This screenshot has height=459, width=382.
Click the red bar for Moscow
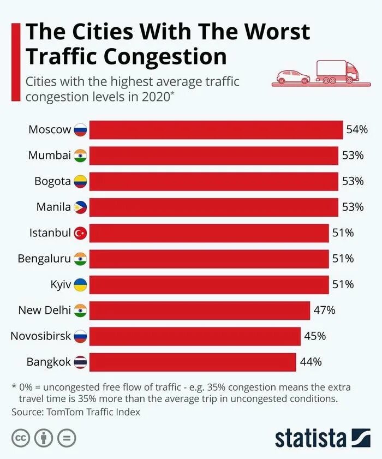pos(216,130)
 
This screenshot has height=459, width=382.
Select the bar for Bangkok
pos(193,362)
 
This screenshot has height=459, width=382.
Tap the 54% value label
pos(357,130)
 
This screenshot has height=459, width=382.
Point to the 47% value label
pos(324,311)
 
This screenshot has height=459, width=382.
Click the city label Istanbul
pos(50,233)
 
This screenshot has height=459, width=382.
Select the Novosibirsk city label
pos(41,336)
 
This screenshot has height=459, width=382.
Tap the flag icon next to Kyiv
pos(80,285)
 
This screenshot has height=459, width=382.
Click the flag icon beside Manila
pos(80,207)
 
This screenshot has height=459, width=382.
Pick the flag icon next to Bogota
pos(80,181)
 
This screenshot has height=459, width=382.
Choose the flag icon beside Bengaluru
pos(80,259)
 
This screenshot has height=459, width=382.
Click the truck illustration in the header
pos(338,73)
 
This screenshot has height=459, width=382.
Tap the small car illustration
pos(293,77)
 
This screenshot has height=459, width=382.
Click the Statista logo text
pos(311,437)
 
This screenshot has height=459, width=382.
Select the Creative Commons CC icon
pos(21,437)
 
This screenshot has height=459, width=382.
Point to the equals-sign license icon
pos(66,437)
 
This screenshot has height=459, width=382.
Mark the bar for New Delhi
pos(199,311)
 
